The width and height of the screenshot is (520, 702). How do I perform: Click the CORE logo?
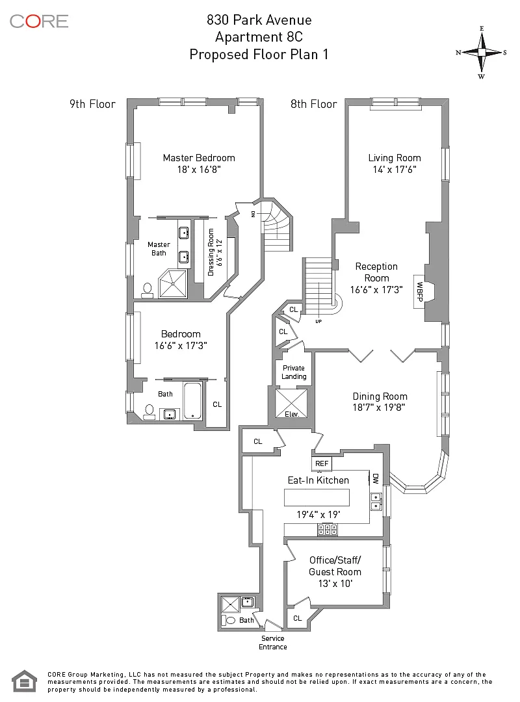pos(39,21)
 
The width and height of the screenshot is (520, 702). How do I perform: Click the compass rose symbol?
pos(482,52)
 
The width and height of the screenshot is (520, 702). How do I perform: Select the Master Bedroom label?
pos(199,158)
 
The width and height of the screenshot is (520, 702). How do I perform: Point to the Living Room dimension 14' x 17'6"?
pos(394,169)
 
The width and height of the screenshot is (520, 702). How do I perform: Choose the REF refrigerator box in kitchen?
pos(322,464)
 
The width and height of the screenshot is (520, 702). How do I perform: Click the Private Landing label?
pos(294,372)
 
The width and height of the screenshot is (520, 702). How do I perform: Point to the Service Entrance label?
pos(273,642)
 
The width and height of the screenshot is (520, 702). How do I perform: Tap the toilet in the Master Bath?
pos(148,289)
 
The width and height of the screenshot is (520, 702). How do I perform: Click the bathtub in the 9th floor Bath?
pos(193,400)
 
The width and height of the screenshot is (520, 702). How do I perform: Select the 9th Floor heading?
pos(92,104)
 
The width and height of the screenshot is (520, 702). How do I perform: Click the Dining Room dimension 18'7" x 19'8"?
pos(380,408)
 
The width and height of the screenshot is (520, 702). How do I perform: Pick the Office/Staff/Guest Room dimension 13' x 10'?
pos(335,584)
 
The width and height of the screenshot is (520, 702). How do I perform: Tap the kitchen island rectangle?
pos(317,497)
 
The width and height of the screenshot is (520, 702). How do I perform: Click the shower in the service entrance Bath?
pos(230,604)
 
